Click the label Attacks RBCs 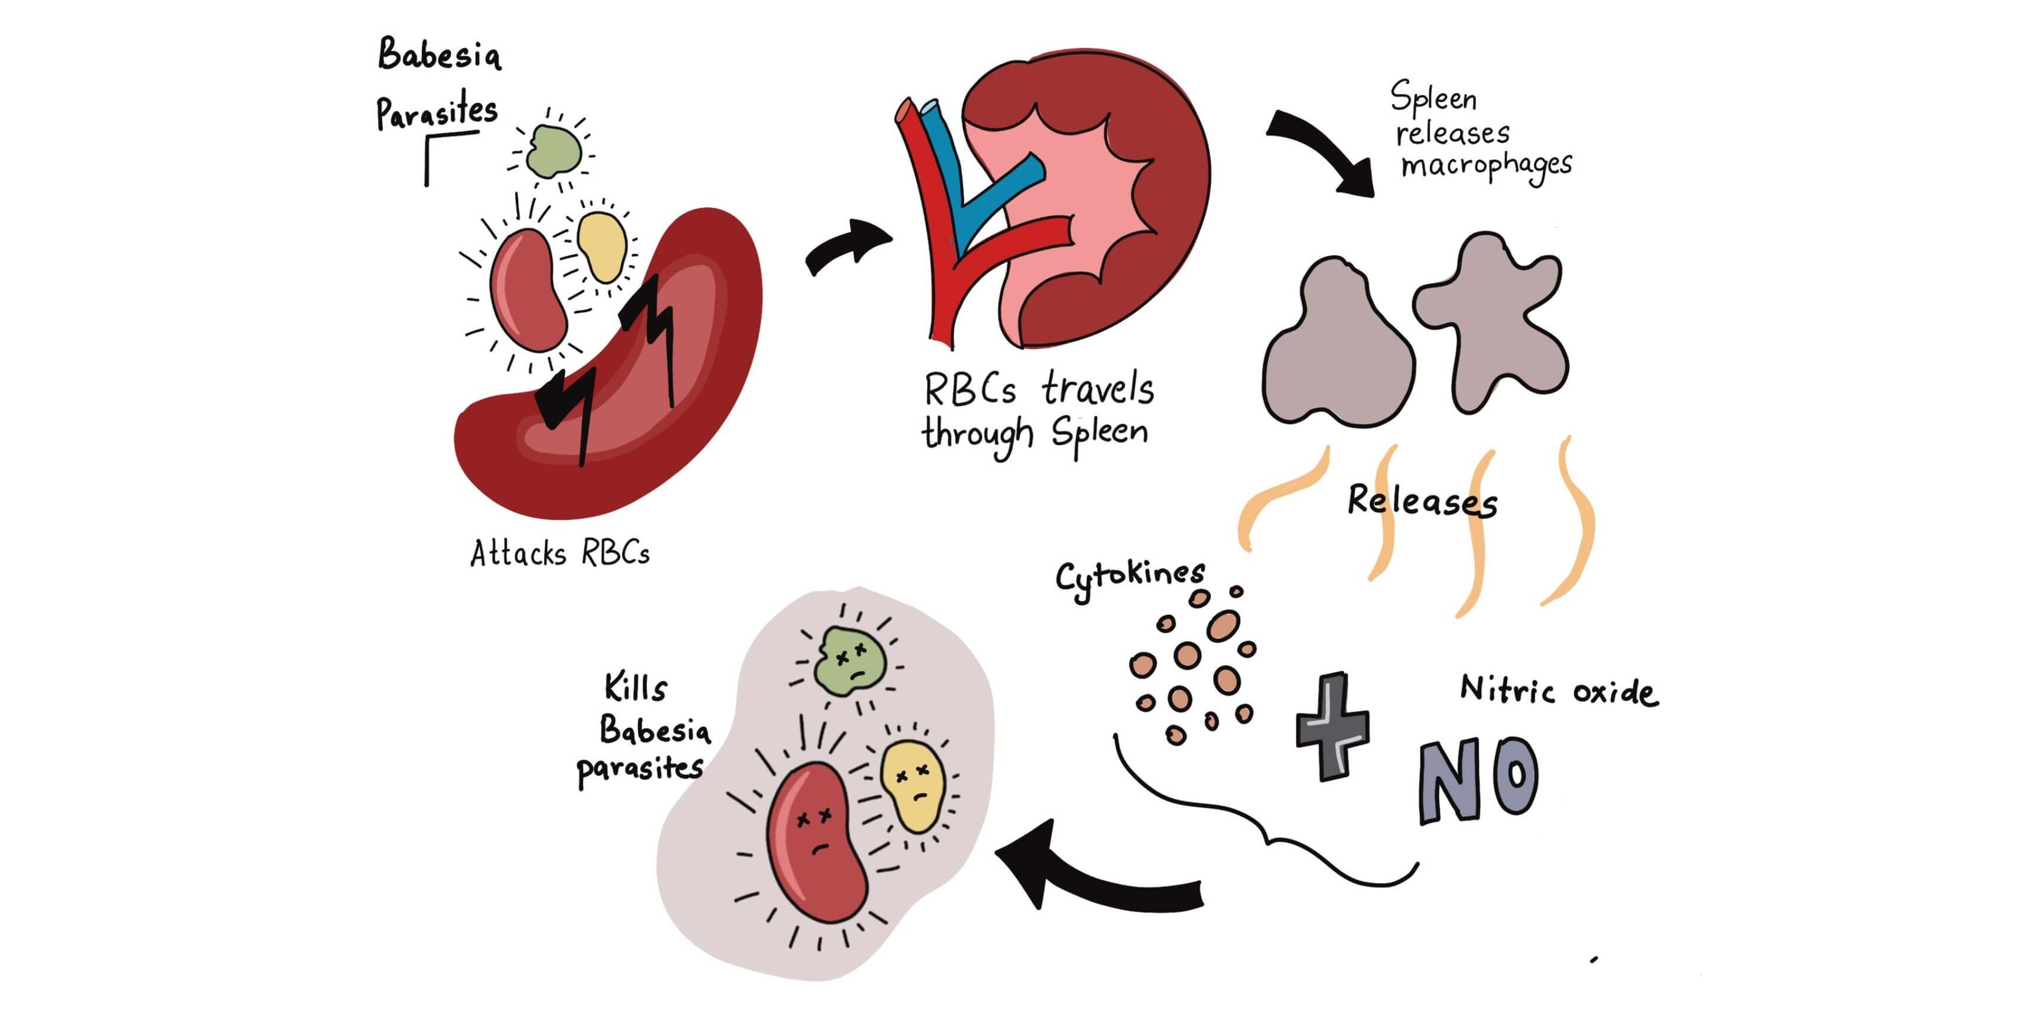click(x=560, y=553)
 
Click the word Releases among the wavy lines click(x=1422, y=501)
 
